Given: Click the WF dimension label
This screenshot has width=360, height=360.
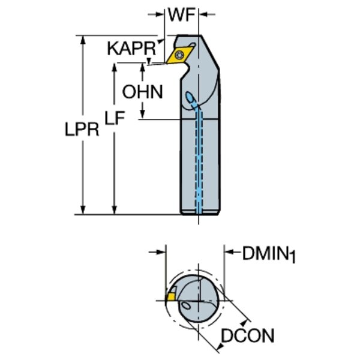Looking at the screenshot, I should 182,15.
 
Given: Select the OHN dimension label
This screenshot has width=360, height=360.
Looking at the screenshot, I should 142,91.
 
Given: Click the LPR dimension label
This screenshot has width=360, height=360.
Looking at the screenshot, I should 81,130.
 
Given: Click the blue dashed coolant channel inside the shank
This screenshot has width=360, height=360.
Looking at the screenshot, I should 199,168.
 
